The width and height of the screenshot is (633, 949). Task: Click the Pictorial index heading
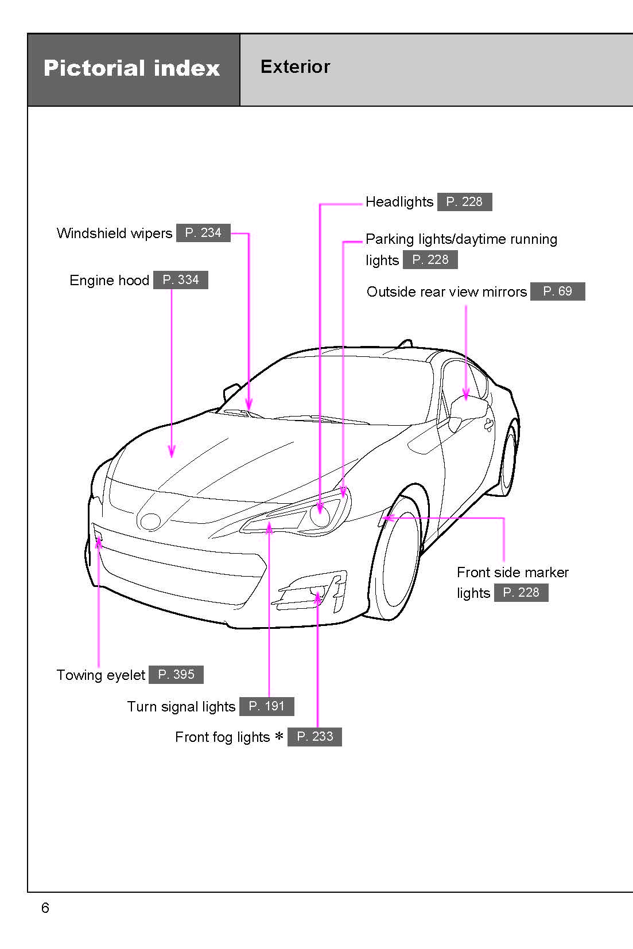tap(131, 68)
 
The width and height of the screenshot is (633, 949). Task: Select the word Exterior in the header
tap(295, 67)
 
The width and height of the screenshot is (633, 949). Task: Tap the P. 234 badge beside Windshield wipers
tap(203, 233)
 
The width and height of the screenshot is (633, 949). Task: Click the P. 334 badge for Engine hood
tap(180, 280)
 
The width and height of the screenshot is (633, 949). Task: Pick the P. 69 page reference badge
tap(557, 291)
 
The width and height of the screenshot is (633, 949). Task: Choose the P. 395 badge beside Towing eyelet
tap(176, 675)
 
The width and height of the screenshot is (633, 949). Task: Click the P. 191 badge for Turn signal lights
tap(266, 706)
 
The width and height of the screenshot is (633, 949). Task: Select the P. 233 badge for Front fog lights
tap(314, 737)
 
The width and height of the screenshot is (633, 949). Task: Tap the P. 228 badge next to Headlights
tap(464, 202)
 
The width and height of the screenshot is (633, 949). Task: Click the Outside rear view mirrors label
tap(446, 292)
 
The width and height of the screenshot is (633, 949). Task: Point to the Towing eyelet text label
tap(100, 675)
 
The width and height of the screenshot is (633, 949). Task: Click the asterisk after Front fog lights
tap(279, 737)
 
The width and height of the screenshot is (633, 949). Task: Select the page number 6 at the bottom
tap(45, 908)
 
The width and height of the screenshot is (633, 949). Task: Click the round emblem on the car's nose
tap(150, 521)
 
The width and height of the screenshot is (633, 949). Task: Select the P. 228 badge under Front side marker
tap(521, 593)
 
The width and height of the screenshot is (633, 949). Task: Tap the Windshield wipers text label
tap(114, 234)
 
